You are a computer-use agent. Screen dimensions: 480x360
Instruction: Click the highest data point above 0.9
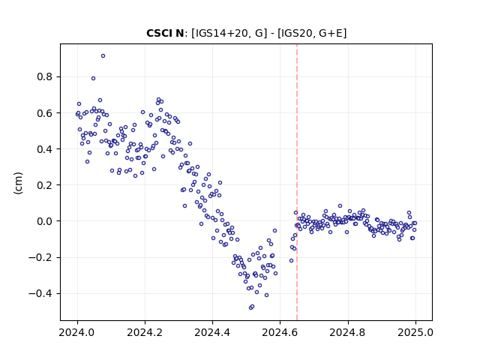(103, 56)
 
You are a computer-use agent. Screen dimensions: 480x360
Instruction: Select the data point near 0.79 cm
(93, 78)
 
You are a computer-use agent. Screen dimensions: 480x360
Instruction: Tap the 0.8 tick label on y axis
(45, 76)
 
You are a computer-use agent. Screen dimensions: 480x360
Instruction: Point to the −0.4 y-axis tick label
(40, 293)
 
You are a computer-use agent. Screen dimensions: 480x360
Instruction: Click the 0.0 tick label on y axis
(45, 221)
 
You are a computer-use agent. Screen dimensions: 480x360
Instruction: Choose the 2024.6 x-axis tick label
(280, 332)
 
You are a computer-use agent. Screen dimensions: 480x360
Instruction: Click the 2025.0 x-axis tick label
(415, 332)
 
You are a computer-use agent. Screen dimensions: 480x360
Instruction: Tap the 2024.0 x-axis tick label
(77, 332)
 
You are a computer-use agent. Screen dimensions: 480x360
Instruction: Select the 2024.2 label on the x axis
(145, 332)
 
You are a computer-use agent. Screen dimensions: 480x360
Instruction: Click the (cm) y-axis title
(18, 183)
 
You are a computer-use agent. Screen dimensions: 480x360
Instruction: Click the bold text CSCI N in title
(165, 33)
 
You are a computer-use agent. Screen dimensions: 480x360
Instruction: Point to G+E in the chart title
(331, 33)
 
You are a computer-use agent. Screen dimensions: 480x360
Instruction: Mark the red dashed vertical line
(297, 182)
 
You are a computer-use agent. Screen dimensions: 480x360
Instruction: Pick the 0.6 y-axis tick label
(45, 113)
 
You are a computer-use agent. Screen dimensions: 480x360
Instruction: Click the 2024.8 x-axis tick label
(347, 332)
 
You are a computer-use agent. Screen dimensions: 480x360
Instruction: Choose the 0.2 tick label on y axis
(45, 185)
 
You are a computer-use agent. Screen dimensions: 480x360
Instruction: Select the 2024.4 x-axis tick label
(212, 332)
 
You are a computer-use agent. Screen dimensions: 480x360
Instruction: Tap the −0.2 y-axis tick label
(40, 257)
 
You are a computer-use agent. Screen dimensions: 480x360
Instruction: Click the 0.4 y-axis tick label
(45, 149)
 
